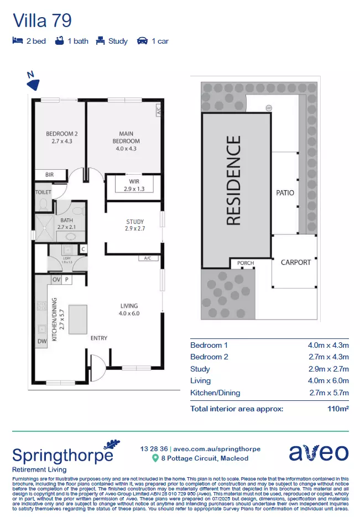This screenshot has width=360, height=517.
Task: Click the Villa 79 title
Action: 42,21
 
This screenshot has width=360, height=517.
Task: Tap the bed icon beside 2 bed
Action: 17,41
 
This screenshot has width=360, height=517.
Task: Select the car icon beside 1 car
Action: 142,41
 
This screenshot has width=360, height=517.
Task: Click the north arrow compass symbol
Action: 34,83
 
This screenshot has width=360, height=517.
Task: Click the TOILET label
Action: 44,192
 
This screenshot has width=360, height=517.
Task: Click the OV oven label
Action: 56,280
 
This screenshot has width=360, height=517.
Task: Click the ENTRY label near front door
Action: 98,338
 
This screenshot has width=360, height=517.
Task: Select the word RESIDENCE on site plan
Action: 234,181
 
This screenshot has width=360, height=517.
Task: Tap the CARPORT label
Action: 296,262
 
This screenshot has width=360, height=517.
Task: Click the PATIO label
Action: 285,193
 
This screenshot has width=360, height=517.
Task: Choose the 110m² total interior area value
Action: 338,409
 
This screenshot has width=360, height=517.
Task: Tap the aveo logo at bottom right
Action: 319,452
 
